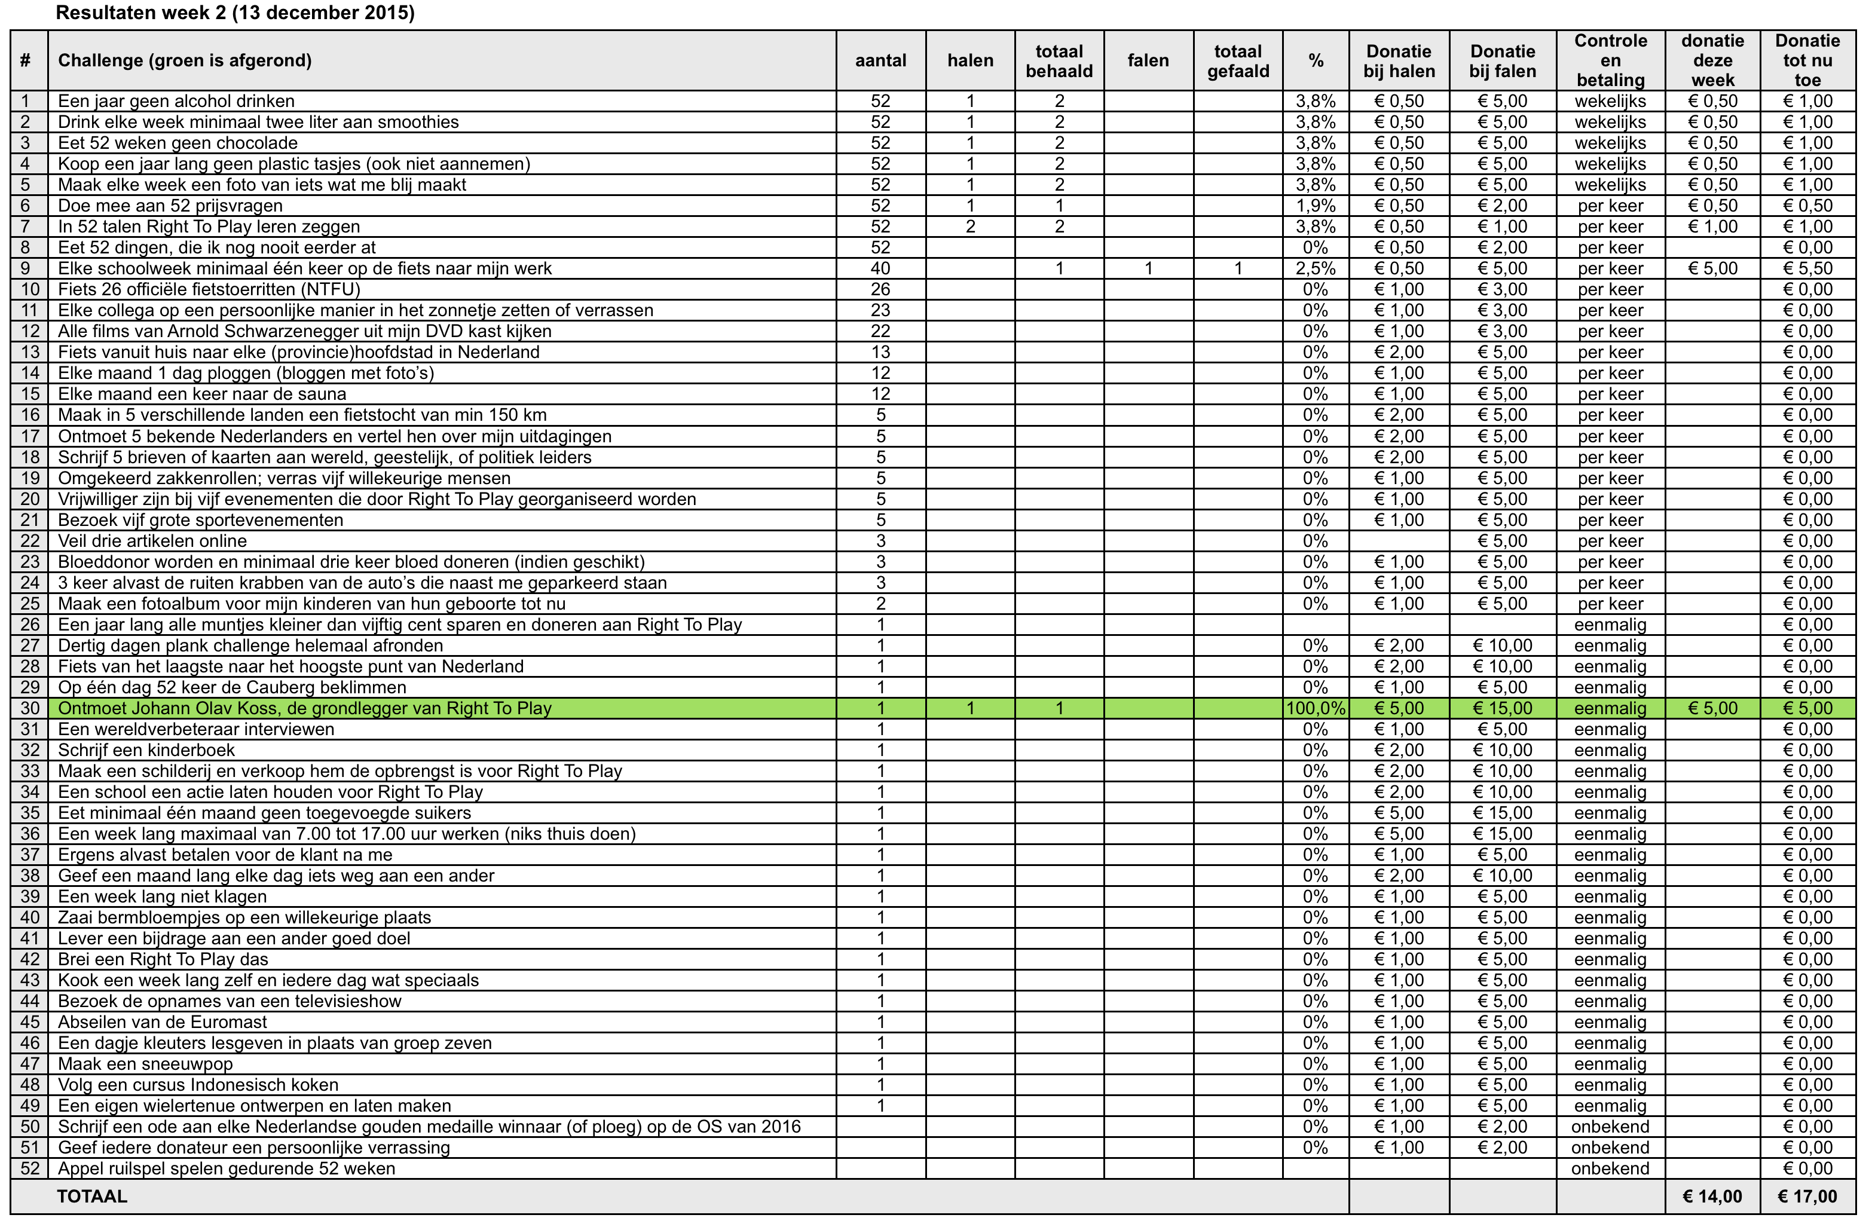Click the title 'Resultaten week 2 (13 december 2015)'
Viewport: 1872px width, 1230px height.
coord(235,13)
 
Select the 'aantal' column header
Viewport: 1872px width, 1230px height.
coord(880,60)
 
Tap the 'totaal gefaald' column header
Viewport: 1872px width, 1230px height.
coord(1237,60)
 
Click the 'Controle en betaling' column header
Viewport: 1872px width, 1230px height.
coord(1610,60)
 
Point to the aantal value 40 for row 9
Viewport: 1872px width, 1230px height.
coord(880,269)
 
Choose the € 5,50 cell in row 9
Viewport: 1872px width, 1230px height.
coord(1807,269)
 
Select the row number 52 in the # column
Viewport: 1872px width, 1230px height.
coord(30,1168)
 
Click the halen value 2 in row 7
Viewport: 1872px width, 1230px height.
coord(970,227)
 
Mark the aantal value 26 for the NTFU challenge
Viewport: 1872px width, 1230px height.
coord(880,289)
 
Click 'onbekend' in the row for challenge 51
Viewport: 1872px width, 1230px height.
coord(1610,1148)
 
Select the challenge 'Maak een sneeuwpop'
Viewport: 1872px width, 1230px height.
coord(145,1064)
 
